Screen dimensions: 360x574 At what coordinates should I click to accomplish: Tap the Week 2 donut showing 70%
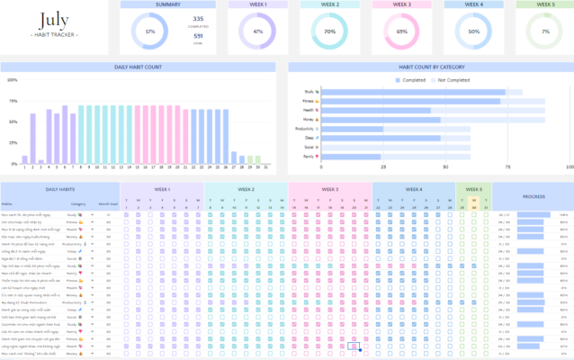point(329,32)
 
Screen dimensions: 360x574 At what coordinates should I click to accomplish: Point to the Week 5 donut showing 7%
point(545,32)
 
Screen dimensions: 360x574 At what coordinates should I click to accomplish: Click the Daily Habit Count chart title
point(139,67)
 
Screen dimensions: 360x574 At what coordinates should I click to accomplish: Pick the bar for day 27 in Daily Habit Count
point(234,159)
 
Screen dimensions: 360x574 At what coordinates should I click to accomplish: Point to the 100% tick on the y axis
point(12,79)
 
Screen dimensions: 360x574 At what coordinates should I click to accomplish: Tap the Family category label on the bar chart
point(309,156)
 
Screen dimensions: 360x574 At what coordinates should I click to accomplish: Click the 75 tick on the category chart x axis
point(507,167)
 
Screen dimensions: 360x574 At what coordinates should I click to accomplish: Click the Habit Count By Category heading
point(430,67)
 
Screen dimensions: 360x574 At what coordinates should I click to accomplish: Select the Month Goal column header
point(109,203)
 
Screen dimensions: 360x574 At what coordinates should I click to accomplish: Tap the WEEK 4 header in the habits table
point(414,189)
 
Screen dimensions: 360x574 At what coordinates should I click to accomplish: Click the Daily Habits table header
point(59,189)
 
